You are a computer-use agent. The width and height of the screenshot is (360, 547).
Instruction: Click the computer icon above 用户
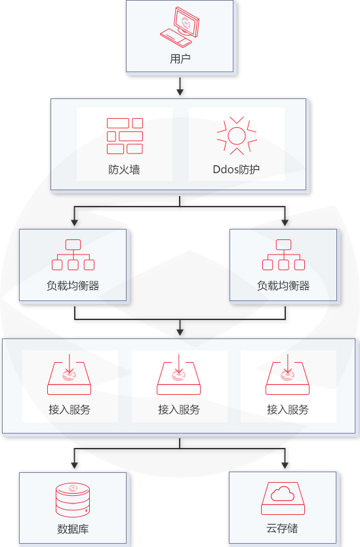(180, 28)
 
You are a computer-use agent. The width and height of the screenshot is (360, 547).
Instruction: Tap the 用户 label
(180, 59)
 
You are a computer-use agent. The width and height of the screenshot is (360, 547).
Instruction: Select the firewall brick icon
(125, 136)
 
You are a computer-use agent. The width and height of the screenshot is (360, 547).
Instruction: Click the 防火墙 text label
(125, 169)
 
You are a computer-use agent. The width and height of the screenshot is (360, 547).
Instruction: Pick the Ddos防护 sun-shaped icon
(236, 136)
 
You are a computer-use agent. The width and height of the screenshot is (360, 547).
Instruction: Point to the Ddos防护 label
(236, 169)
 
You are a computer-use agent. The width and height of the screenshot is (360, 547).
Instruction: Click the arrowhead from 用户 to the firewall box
(180, 92)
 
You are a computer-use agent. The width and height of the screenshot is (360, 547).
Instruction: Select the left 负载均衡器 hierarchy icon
(73, 255)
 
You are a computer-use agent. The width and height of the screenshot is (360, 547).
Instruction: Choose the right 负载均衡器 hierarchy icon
(283, 255)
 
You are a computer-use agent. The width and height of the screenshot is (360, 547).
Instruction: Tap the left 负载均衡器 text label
(73, 286)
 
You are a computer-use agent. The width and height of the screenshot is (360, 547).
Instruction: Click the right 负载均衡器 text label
(283, 286)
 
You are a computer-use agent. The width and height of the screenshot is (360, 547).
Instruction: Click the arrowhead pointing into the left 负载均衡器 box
(74, 222)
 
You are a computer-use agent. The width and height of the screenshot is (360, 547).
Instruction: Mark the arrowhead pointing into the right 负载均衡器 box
(285, 222)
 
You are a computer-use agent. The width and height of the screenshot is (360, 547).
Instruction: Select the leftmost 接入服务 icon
(70, 376)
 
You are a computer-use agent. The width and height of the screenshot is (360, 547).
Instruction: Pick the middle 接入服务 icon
(179, 376)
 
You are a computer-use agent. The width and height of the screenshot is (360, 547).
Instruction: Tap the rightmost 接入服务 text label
(288, 409)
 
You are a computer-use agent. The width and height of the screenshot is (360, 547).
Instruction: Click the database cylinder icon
(72, 500)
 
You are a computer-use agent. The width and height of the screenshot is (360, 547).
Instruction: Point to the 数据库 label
(72, 529)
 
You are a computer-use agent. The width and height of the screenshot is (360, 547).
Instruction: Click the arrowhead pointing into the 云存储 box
(285, 465)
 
